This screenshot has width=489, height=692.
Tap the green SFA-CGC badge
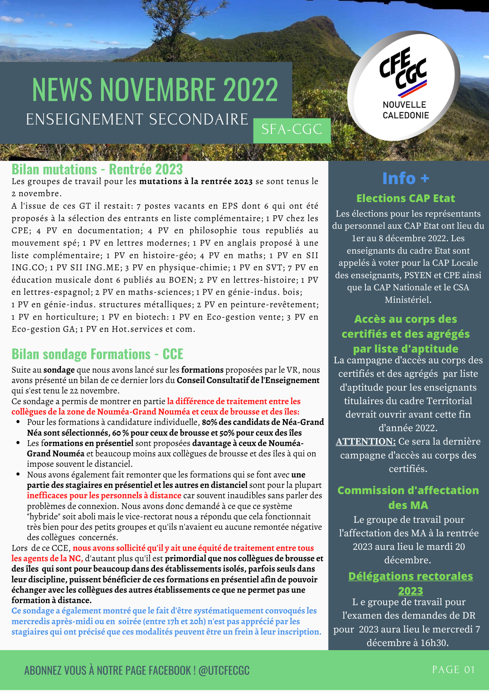(292, 130)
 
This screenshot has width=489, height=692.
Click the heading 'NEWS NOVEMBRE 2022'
(155, 89)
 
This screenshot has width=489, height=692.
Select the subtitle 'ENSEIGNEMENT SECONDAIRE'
(137, 119)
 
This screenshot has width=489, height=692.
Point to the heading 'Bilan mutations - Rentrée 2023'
(97, 170)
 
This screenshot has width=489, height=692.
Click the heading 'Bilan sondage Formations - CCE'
(97, 354)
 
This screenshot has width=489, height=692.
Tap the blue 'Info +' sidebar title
(406, 179)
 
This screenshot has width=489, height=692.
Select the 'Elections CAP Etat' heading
(406, 198)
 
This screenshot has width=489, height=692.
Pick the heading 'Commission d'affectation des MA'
(408, 498)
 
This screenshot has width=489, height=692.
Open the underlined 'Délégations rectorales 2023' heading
(410, 583)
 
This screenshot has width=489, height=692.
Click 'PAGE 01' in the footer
(453, 670)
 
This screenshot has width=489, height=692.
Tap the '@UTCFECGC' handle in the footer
(224, 671)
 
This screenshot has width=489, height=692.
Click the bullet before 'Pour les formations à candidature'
(18, 422)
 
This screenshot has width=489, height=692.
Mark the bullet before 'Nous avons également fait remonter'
(18, 474)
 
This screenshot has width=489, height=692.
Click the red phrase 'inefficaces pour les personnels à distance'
(104, 495)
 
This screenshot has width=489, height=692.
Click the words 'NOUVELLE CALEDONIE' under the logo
(406, 110)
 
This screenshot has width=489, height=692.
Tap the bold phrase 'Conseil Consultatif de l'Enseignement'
(248, 380)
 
